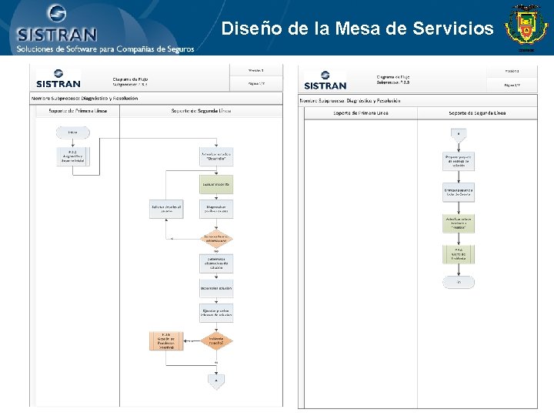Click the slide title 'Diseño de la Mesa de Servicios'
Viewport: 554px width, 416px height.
(357, 29)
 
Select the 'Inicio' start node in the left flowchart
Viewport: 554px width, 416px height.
(72, 133)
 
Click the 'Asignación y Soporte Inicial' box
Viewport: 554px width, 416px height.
(72, 156)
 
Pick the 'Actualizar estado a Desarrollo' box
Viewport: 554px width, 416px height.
(216, 156)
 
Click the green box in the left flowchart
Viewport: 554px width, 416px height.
(216, 185)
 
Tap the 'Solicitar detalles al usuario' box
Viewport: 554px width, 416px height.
(165, 209)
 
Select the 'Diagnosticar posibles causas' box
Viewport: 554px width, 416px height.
(216, 209)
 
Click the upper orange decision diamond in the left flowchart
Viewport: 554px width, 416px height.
(216, 238)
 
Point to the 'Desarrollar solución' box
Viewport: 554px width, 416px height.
(216, 288)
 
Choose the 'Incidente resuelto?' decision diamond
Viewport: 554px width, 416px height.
(216, 340)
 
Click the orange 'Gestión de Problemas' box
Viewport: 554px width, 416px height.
(166, 340)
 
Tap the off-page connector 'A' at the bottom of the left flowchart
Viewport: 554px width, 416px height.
(216, 381)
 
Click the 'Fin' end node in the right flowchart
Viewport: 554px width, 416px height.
(459, 282)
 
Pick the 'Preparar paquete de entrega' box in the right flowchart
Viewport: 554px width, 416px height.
(459, 161)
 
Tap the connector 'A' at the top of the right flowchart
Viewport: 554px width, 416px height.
(459, 133)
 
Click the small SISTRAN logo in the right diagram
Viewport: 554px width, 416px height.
(325, 81)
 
